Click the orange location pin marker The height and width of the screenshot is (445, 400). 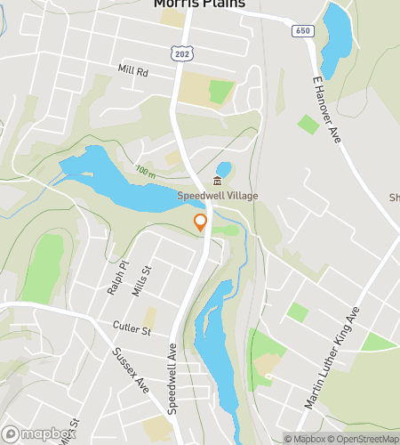pyautogui.click(x=201, y=222)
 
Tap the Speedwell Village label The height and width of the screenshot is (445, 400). pyautogui.click(x=216, y=196)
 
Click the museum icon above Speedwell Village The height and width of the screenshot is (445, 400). pyautogui.click(x=217, y=182)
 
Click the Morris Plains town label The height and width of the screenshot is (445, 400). pyautogui.click(x=199, y=4)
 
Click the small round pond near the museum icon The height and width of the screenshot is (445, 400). pyautogui.click(x=223, y=168)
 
